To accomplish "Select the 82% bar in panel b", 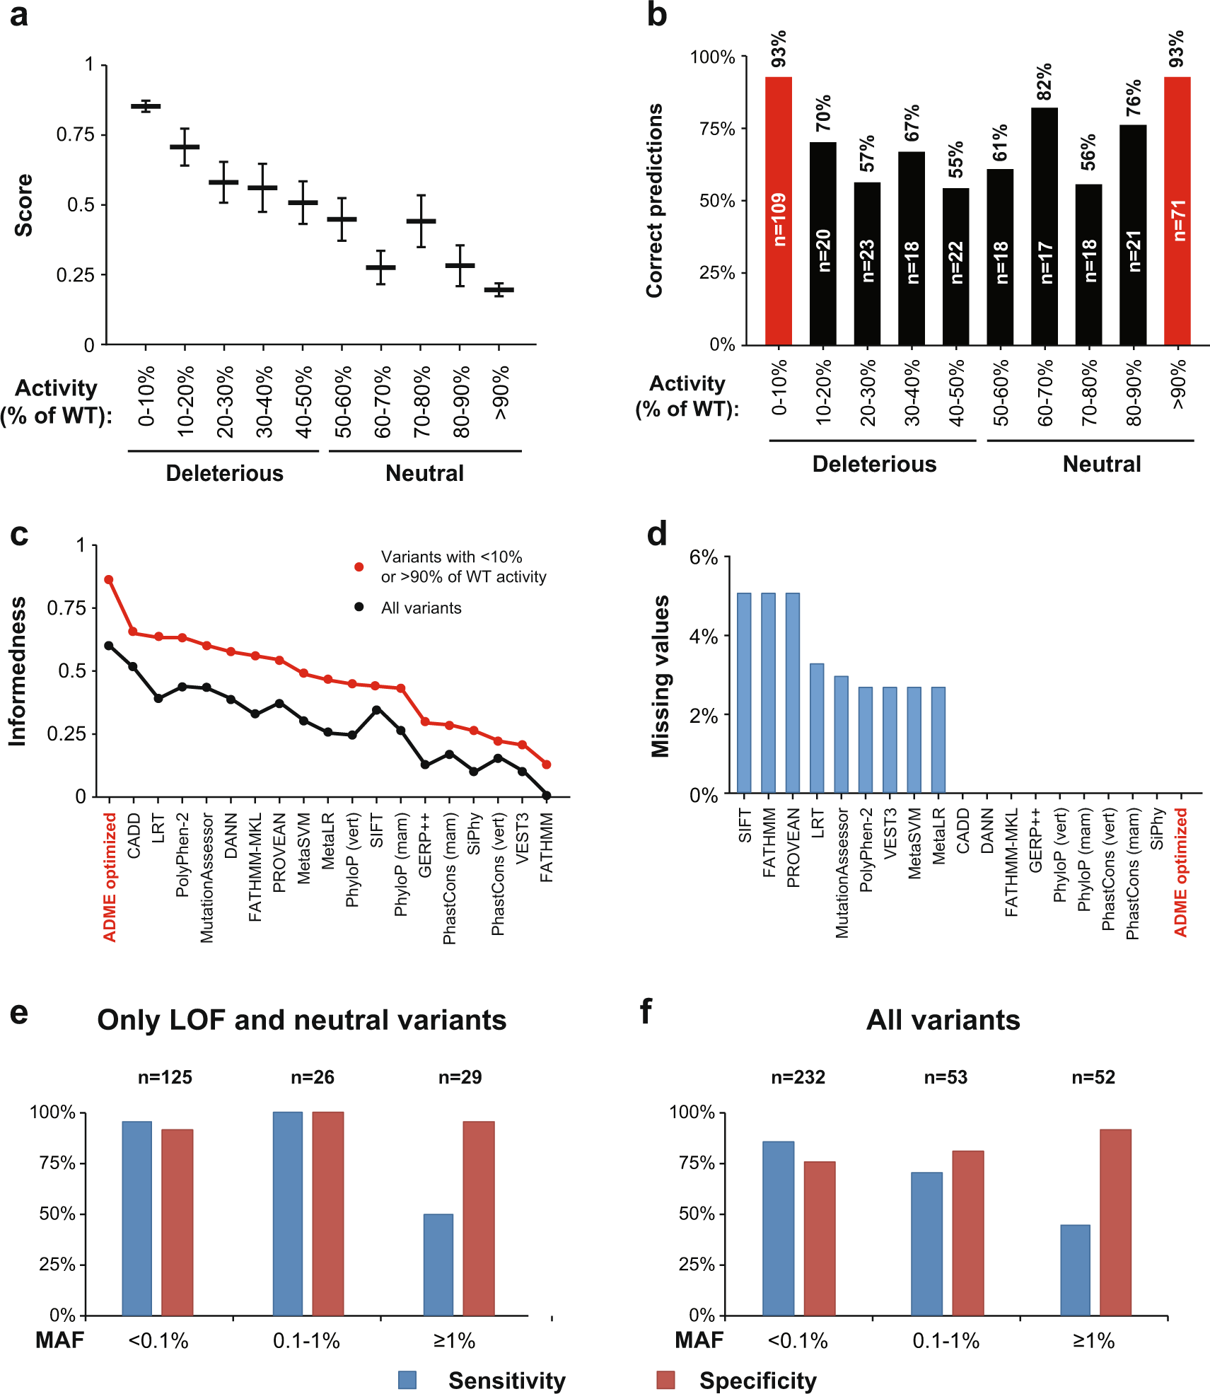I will pos(1044,226).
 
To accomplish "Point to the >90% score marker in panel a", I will pos(499,289).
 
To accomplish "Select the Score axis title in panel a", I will pos(24,205).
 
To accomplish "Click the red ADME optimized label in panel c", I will pos(110,877).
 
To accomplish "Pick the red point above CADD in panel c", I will pos(133,632).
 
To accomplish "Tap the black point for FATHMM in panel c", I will pos(546,796).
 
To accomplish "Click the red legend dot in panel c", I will pos(359,567).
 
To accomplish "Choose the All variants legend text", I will pos(421,608).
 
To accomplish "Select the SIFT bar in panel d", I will pos(744,692).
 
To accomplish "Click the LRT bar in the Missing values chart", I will pos(817,728).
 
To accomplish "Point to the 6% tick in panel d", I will pos(704,557).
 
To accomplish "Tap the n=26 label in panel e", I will pos(313,1077).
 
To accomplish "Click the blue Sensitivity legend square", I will pos(407,1380).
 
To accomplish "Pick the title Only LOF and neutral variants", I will pos(302,1020).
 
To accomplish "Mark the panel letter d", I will pos(657,534).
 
